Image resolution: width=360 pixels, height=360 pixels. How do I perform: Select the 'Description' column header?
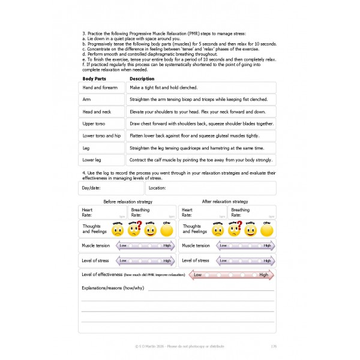(x=142, y=79)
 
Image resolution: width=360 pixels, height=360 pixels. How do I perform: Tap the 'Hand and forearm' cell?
(x=101, y=88)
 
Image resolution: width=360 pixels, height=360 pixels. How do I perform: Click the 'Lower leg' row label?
(x=92, y=160)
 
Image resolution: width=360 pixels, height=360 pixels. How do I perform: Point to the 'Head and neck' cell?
(x=97, y=112)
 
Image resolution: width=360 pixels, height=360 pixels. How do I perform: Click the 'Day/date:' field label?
(x=91, y=188)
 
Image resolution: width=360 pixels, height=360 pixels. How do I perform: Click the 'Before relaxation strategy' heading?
(x=128, y=202)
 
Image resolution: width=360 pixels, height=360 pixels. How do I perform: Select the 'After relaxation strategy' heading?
(x=225, y=202)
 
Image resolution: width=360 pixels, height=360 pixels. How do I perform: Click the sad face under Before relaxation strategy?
(x=118, y=230)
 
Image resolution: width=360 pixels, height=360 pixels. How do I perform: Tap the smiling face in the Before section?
(x=150, y=230)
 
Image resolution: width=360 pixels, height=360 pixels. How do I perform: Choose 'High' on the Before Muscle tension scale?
(x=167, y=245)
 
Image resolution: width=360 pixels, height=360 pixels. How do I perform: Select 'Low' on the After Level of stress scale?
(x=223, y=260)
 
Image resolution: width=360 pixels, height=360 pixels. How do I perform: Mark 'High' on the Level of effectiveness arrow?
(x=263, y=275)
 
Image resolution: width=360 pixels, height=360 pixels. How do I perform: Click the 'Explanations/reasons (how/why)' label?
(x=112, y=288)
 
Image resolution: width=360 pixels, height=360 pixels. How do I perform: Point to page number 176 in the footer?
(x=274, y=346)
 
